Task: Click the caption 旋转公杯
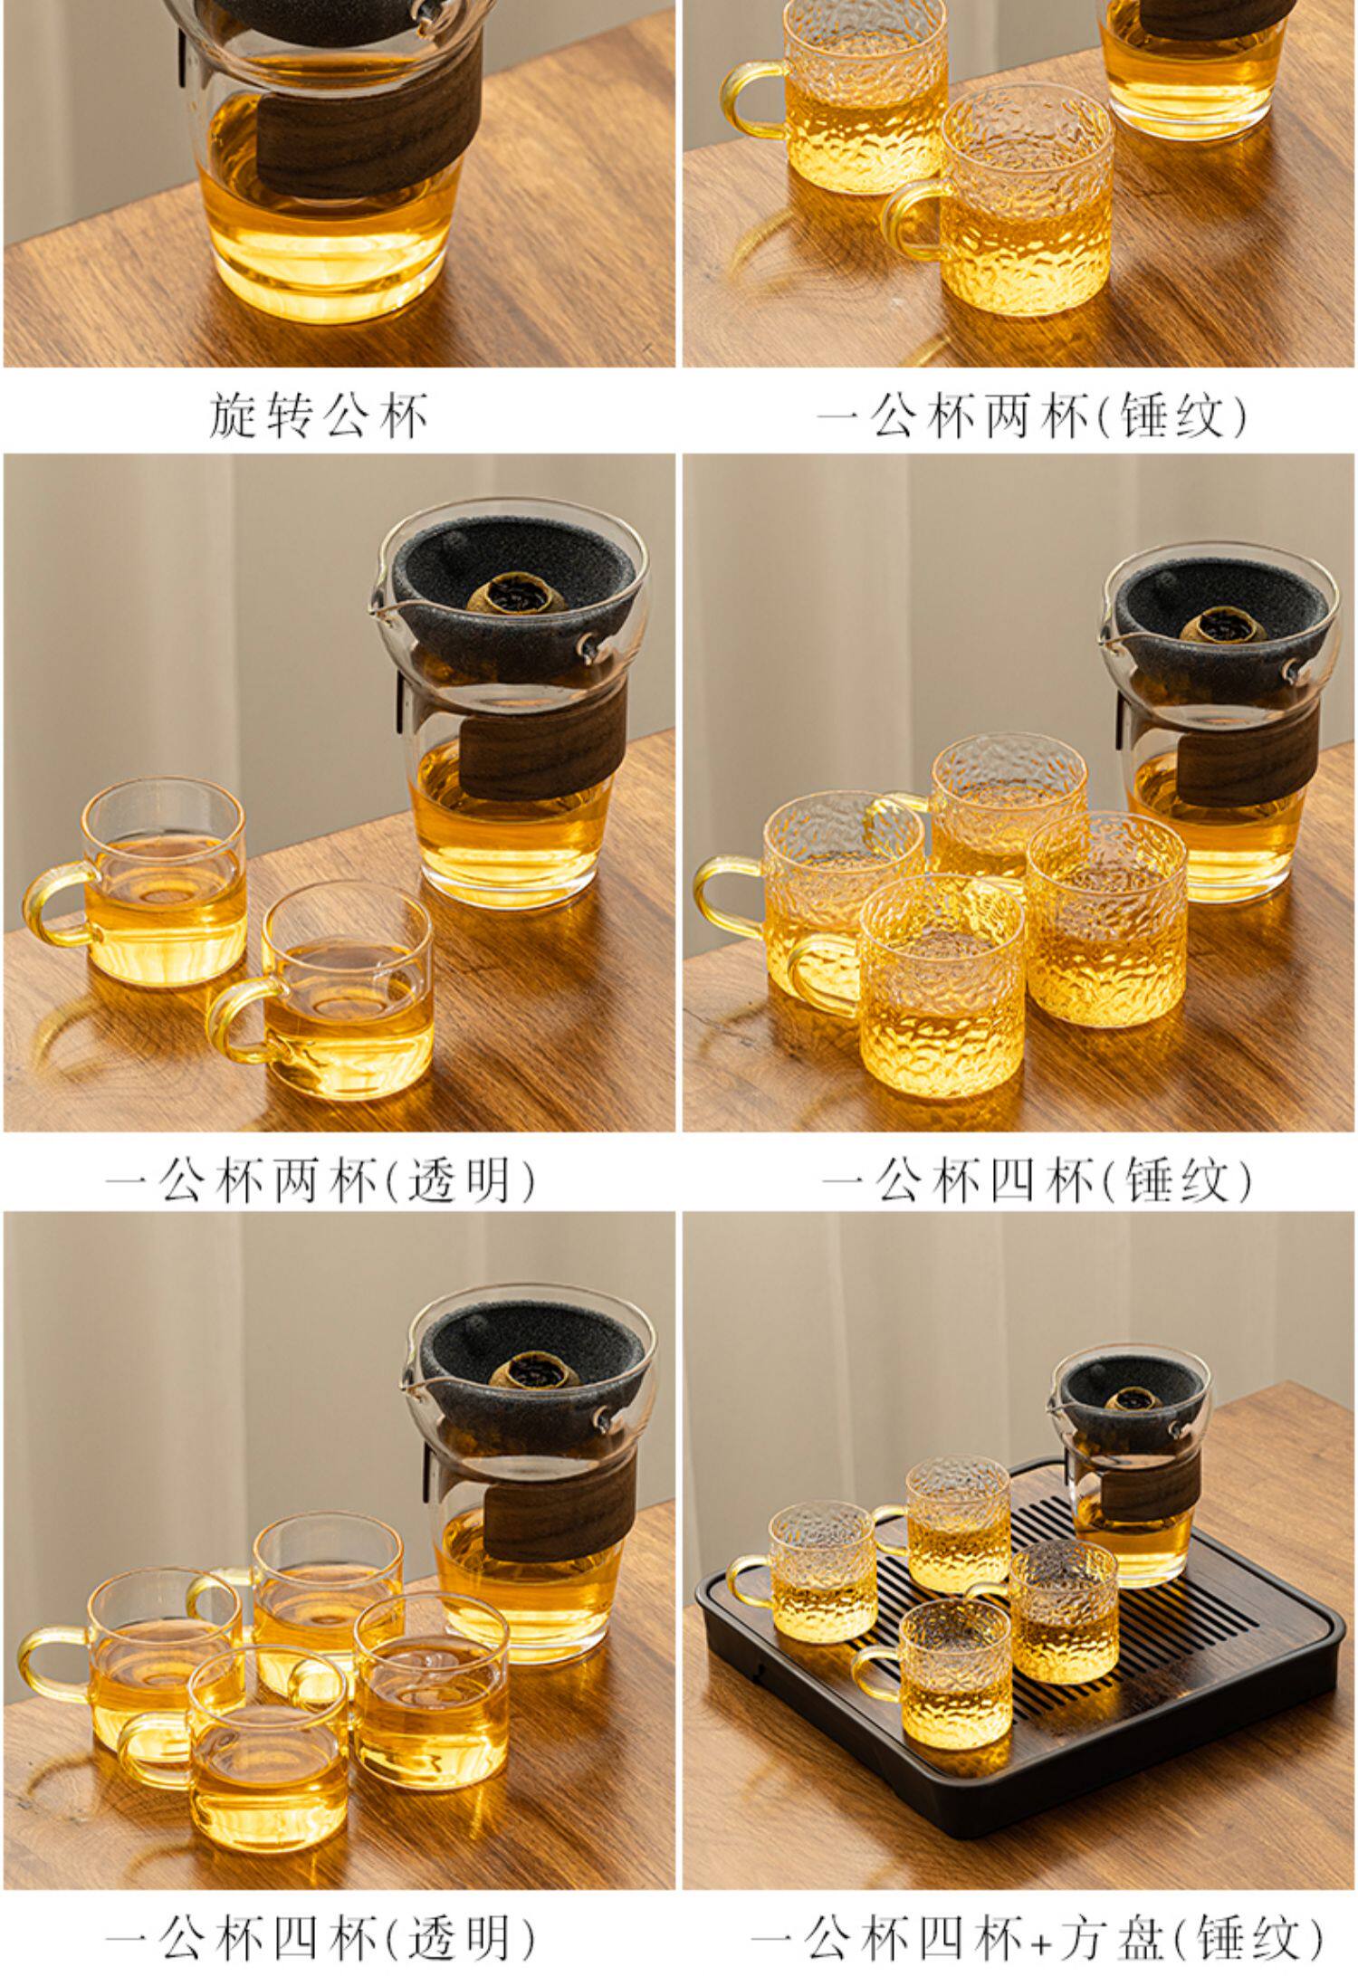click(x=319, y=415)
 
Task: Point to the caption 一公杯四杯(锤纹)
click(x=1038, y=1180)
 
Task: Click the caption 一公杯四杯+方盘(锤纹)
click(x=1038, y=1938)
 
